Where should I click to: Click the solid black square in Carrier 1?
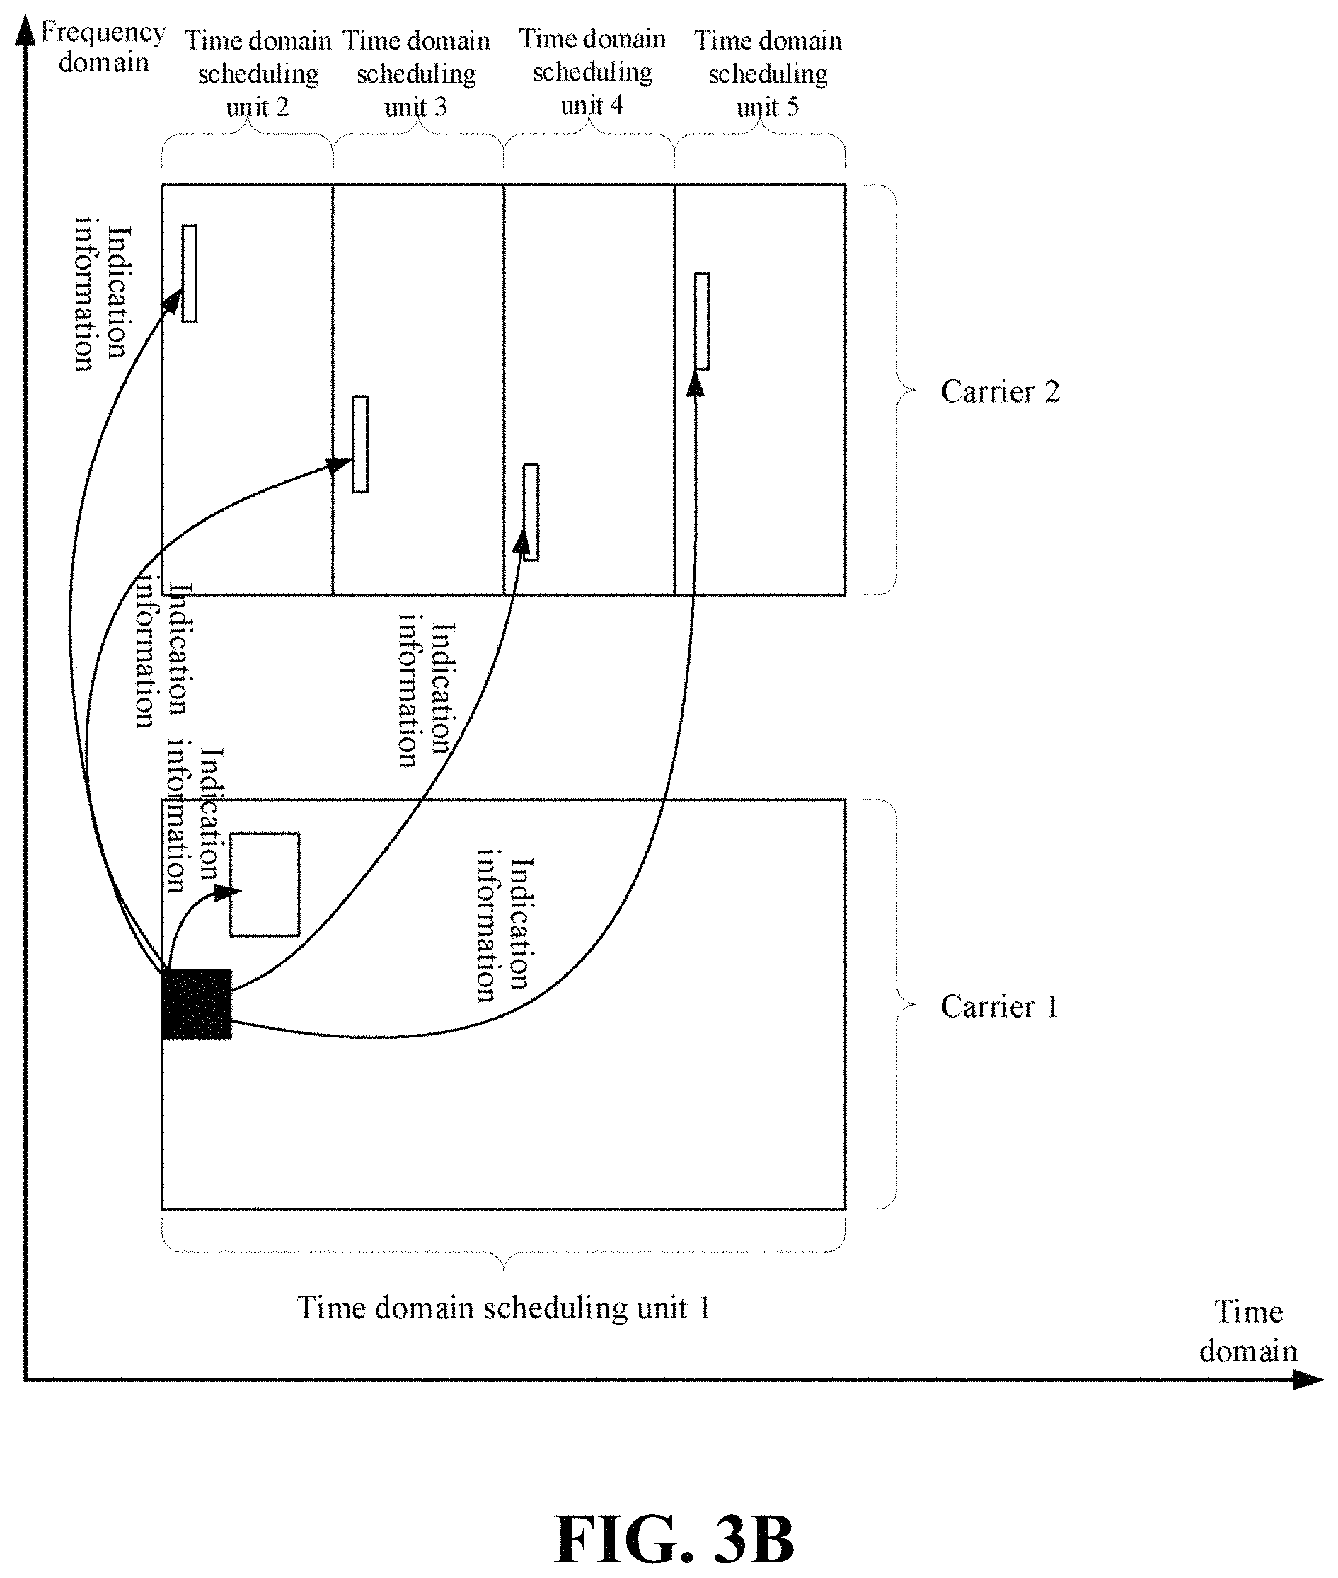click(x=197, y=1003)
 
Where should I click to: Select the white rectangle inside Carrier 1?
click(x=265, y=885)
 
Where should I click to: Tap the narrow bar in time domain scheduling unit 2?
click(x=190, y=273)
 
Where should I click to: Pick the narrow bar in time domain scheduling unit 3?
click(x=360, y=444)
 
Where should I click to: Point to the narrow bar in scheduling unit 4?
click(x=531, y=512)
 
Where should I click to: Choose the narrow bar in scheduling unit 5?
click(x=703, y=321)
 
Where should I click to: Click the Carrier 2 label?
click(x=1000, y=391)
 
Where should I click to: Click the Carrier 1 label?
click(x=999, y=1007)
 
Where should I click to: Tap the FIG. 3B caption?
click(x=674, y=1539)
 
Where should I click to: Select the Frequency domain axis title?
click(x=103, y=47)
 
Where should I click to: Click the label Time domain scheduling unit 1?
click(x=504, y=1307)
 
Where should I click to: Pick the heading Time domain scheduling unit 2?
click(x=258, y=73)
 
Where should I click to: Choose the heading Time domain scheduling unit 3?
click(x=417, y=73)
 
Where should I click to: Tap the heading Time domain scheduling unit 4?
click(x=592, y=71)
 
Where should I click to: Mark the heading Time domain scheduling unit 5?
click(x=768, y=73)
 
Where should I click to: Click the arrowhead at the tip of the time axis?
click(x=1308, y=1379)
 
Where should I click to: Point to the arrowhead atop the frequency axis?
click(x=25, y=32)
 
